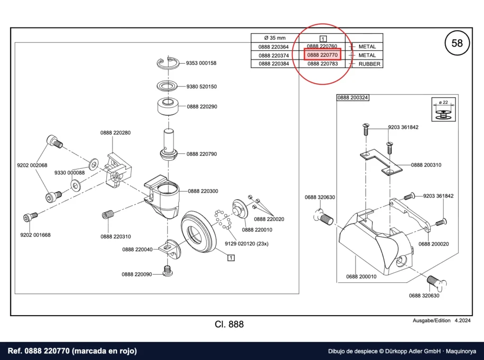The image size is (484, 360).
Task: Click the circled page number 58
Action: (457, 43)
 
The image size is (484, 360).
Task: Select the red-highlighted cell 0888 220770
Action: (322, 55)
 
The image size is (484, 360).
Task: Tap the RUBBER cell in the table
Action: (369, 64)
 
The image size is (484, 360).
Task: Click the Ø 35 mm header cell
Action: (275, 38)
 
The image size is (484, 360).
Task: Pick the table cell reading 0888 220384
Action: (274, 64)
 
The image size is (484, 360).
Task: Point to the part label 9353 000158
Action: (201, 63)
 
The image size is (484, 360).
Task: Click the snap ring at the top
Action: (168, 63)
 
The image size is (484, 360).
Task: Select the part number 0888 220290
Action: (202, 106)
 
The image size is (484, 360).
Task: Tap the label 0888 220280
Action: (115, 133)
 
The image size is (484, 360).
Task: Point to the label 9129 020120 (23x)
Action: (246, 244)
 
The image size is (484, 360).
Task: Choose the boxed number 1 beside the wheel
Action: (231, 257)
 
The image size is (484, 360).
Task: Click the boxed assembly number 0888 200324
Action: (353, 97)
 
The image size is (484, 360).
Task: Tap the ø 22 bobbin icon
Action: (443, 110)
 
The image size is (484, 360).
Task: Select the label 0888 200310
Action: (426, 165)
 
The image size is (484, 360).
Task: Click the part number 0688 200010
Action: (361, 276)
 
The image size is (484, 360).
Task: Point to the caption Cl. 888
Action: (229, 324)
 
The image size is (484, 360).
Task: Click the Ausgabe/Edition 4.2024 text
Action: (442, 320)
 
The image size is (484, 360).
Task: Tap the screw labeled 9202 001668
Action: (30, 216)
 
